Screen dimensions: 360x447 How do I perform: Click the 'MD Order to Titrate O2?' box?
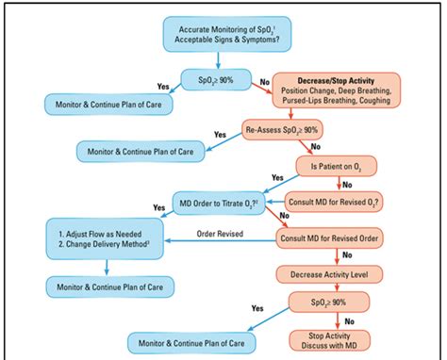tap(220, 201)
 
